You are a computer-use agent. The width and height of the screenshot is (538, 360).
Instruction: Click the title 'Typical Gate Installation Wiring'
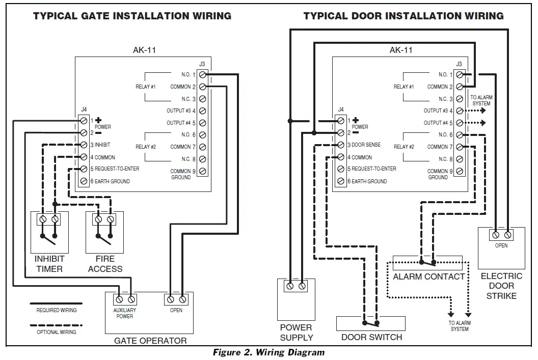tap(132, 16)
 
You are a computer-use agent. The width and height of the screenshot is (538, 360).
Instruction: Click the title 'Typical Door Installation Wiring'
tap(403, 16)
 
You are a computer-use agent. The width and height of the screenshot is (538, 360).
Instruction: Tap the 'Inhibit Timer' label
tap(49, 264)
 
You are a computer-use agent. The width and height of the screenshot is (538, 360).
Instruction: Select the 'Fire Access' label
tap(105, 264)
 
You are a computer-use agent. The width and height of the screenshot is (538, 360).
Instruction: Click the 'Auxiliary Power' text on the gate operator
tap(125, 313)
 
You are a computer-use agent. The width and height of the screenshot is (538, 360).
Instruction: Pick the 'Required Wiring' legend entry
tap(56, 310)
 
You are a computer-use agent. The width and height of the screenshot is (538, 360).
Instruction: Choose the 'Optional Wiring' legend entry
tap(56, 332)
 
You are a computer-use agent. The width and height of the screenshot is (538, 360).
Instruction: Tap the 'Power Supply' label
tap(296, 332)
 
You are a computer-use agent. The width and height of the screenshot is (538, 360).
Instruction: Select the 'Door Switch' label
tap(371, 337)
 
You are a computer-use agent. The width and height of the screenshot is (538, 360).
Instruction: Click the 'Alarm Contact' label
tap(428, 276)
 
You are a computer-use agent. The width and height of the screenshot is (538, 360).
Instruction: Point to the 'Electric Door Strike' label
tap(501, 286)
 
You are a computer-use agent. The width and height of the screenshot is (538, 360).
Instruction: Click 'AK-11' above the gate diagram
tap(144, 50)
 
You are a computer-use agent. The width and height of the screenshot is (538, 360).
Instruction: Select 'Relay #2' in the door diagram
tap(404, 147)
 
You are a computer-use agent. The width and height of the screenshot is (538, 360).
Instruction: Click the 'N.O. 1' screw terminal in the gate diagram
tap(202, 75)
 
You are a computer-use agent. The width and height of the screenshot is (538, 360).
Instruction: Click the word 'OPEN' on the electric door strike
tap(501, 246)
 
